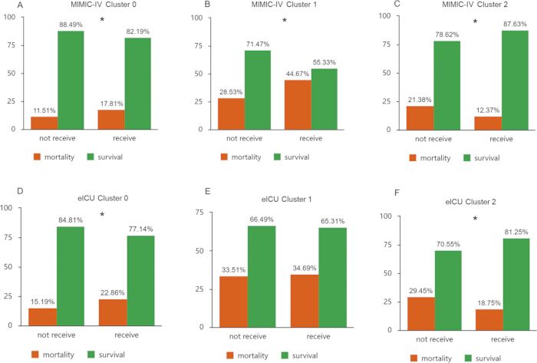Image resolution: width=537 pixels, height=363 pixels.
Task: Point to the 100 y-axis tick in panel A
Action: tap(10, 17)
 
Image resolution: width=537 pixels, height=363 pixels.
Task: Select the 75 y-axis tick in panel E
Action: tap(200, 213)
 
